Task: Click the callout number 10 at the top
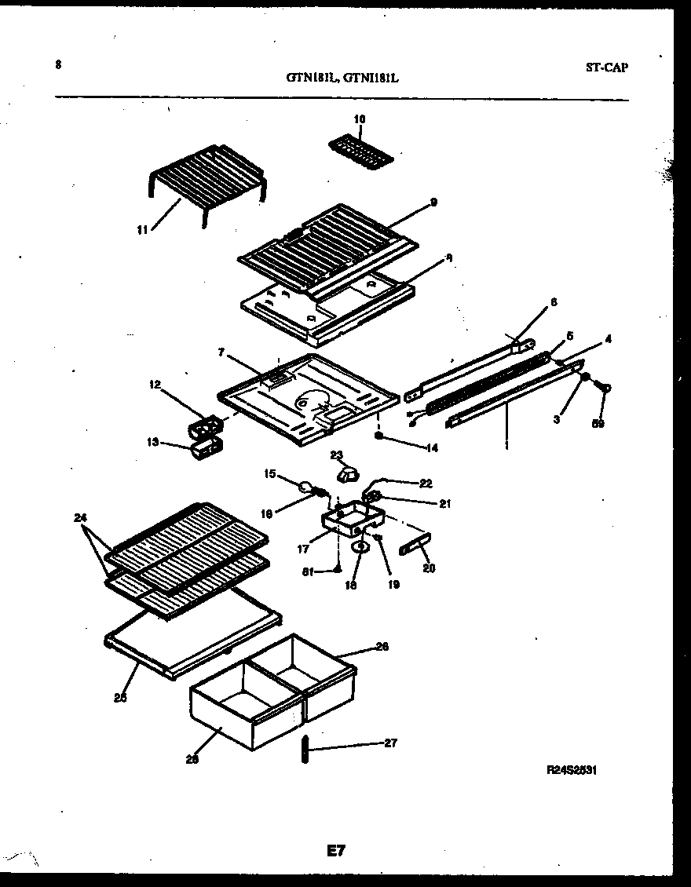[x=360, y=119]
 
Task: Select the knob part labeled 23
[x=346, y=473]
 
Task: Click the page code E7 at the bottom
[x=335, y=850]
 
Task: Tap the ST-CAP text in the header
[x=606, y=68]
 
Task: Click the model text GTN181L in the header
[x=312, y=78]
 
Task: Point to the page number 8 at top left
[x=58, y=65]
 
